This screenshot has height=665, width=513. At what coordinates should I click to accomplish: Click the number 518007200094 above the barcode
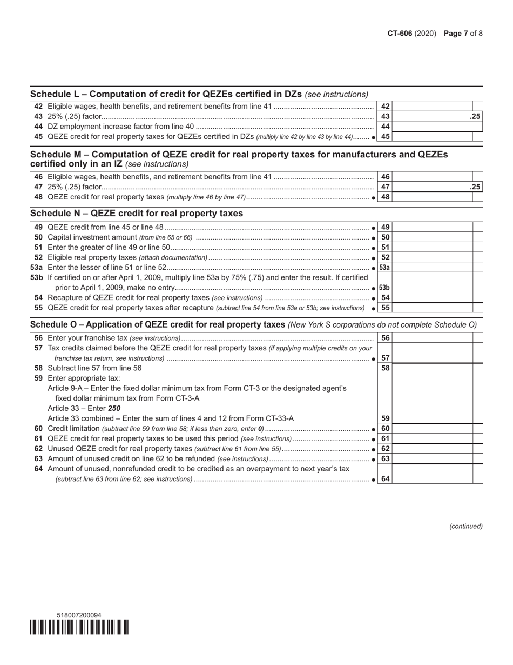pyautogui.click(x=79, y=615)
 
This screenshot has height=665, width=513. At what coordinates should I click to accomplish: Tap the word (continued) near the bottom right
pyautogui.click(x=465, y=526)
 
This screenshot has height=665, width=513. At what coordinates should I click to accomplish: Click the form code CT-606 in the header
pyautogui.click(x=400, y=34)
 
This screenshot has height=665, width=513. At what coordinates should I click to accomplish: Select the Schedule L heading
pyautogui.click(x=199, y=94)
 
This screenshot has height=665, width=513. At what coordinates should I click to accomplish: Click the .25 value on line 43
pyautogui.click(x=475, y=116)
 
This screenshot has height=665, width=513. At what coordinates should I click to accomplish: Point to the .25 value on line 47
pyautogui.click(x=475, y=187)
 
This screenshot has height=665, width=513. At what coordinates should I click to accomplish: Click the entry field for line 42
pyautogui.click(x=433, y=107)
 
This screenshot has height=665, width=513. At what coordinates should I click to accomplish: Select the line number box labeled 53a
pyautogui.click(x=385, y=268)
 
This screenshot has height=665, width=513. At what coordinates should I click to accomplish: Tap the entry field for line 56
pyautogui.click(x=433, y=338)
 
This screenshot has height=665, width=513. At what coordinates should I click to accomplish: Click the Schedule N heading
pyautogui.click(x=137, y=214)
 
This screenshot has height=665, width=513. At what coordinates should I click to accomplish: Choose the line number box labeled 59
pyautogui.click(x=386, y=418)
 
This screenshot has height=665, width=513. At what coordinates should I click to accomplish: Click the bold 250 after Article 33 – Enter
pyautogui.click(x=114, y=408)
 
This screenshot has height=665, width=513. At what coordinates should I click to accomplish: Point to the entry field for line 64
pyautogui.click(x=433, y=478)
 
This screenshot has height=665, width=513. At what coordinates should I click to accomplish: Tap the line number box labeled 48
pyautogui.click(x=386, y=197)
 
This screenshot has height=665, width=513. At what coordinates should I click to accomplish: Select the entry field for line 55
pyautogui.click(x=433, y=308)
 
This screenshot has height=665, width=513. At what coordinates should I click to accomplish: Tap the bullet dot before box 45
pyautogui.click(x=374, y=137)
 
